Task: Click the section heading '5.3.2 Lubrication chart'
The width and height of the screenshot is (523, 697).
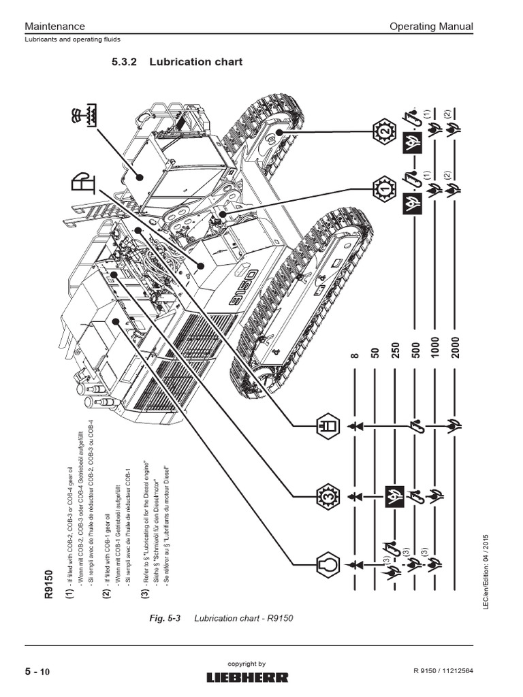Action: tap(177, 62)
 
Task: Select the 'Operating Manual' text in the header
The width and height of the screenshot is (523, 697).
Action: tap(430, 27)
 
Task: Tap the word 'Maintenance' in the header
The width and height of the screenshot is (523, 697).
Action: tap(54, 27)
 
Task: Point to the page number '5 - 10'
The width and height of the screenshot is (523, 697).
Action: tap(38, 672)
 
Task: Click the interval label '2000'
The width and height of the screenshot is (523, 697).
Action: tap(455, 350)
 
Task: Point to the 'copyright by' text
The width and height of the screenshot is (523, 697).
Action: tap(249, 664)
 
